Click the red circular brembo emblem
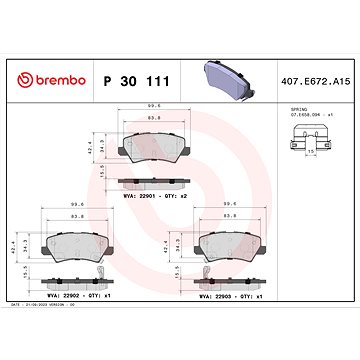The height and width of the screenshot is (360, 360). (19, 78)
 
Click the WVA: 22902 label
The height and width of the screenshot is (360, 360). (60, 297)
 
